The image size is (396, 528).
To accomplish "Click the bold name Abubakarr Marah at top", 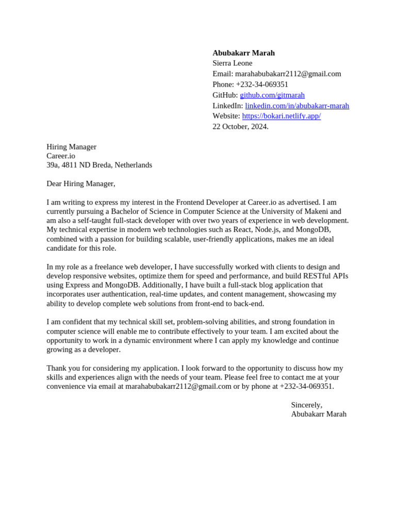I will tap(243, 53).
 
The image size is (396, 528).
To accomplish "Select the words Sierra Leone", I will tap(232, 63).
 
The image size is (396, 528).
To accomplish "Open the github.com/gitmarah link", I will tap(272, 95).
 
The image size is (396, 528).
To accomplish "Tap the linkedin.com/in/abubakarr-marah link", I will tap(297, 106).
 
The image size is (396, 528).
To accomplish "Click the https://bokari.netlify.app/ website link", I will tap(281, 116).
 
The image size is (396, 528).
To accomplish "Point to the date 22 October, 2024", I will tap(240, 127).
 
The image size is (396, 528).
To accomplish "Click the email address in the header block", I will tap(288, 74).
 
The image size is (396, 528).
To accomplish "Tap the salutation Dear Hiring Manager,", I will tap(81, 184).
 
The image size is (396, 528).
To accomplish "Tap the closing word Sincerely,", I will tap(306, 405).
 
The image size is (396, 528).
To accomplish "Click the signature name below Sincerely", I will tap(318, 414).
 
